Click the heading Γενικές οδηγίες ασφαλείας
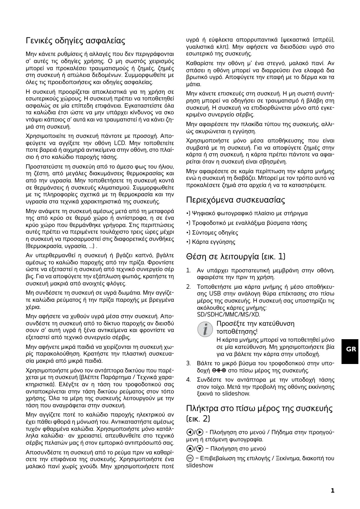76,41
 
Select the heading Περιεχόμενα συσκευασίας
236,200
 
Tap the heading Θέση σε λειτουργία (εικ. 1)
236,256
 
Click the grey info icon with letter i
205,329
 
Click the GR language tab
351,349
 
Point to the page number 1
332,491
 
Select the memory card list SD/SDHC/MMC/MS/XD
229,314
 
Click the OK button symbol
189,458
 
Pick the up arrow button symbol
189,448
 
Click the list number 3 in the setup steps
188,363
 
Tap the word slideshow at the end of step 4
236,393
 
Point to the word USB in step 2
204,293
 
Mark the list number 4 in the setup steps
188,380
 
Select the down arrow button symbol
200,448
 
